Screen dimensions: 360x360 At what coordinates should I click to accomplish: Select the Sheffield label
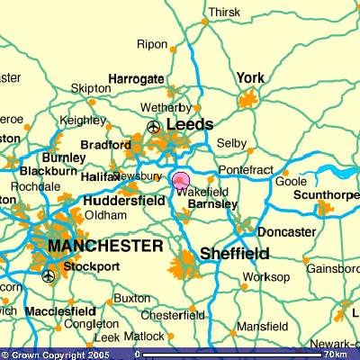[x=234, y=253]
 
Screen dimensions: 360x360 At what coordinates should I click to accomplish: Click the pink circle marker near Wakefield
[x=179, y=182]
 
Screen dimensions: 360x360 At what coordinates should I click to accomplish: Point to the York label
[x=249, y=78]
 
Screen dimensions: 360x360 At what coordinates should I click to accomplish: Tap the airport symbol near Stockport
[x=48, y=275]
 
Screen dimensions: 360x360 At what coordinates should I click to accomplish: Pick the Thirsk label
[x=224, y=12]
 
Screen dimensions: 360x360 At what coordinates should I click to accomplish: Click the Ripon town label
[x=152, y=44]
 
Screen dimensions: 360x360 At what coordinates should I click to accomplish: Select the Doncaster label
[x=287, y=231]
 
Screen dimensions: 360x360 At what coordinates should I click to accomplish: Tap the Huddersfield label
[x=125, y=202]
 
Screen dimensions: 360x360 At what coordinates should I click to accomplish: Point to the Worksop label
[x=262, y=276]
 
